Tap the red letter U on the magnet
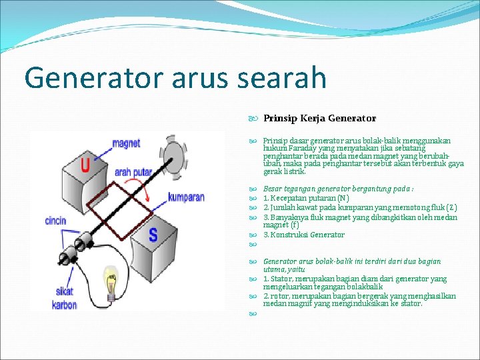[x=85, y=165]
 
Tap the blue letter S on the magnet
[x=153, y=235]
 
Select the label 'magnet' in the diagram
[x=126, y=143]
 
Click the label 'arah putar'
[x=133, y=172]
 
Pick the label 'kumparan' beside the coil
[x=186, y=197]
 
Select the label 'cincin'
[x=55, y=221]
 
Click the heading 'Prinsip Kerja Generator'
[x=319, y=119]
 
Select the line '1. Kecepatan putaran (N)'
[x=306, y=198]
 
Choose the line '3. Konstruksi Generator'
[x=304, y=235]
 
